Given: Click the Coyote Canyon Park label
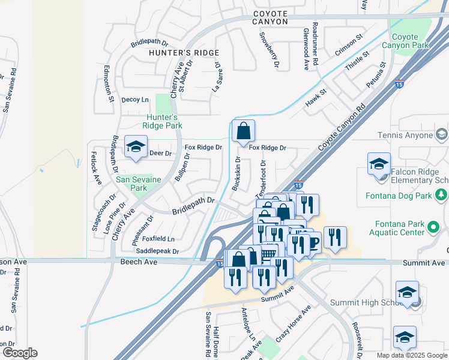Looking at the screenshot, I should click(x=414, y=41).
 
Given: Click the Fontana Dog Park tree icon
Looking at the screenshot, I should click(x=441, y=194).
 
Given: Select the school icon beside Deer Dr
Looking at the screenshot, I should click(x=136, y=146).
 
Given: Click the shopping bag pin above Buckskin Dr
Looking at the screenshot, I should click(x=243, y=131).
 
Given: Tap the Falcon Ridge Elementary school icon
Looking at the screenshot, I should click(x=379, y=164).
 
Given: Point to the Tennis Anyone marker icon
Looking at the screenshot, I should click(x=442, y=133).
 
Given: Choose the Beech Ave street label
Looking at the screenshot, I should click(x=139, y=262).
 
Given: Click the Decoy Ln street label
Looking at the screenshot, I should click(x=135, y=100).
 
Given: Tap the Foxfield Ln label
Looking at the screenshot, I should click(x=158, y=239).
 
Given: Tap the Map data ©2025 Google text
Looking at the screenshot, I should click(x=411, y=355).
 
